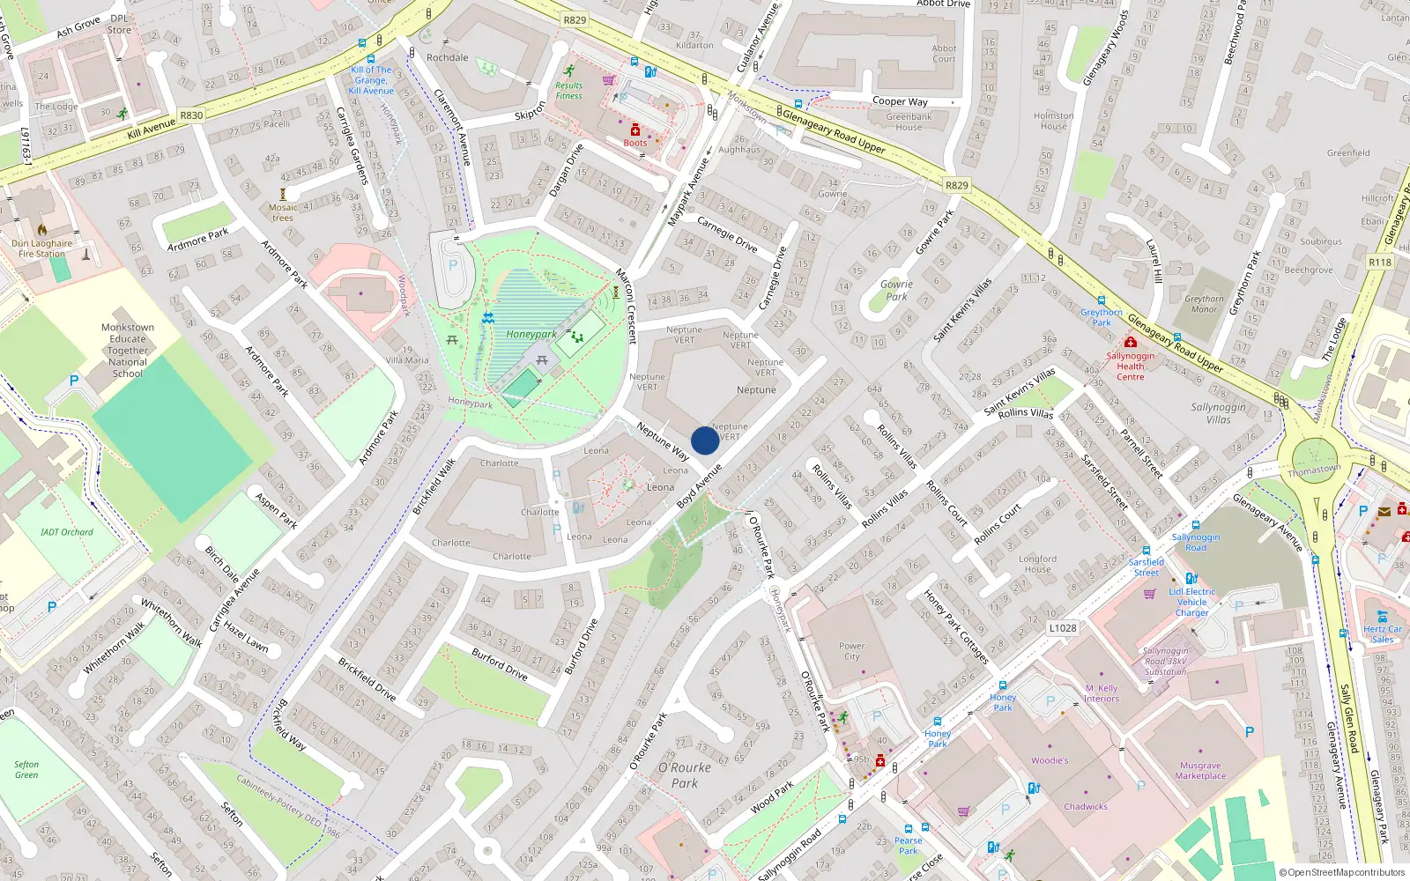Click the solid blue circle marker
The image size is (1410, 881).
[x=704, y=440]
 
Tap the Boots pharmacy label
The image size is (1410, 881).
[x=635, y=143]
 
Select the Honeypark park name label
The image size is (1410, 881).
[x=531, y=335]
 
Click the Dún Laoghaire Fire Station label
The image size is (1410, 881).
[x=41, y=248]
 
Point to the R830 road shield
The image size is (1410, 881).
[x=191, y=115]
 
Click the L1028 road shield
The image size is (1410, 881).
[x=1063, y=628]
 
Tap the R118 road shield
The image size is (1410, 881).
[x=1380, y=263]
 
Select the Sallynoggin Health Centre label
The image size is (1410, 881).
[x=1130, y=366]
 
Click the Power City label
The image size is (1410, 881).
[x=851, y=651]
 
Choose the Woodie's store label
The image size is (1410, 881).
[x=1050, y=760]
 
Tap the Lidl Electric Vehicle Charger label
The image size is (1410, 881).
[x=1191, y=603]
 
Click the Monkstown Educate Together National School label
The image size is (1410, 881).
[x=128, y=351]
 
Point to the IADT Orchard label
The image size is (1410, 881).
[x=66, y=532]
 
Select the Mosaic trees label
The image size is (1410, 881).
[x=283, y=213]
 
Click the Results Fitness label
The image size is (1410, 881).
[x=568, y=91]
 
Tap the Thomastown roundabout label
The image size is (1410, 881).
[x=1314, y=470]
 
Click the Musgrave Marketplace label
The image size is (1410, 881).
[x=1200, y=771]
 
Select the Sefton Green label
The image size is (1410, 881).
[x=26, y=770]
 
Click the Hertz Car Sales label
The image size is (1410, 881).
[x=1382, y=634]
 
